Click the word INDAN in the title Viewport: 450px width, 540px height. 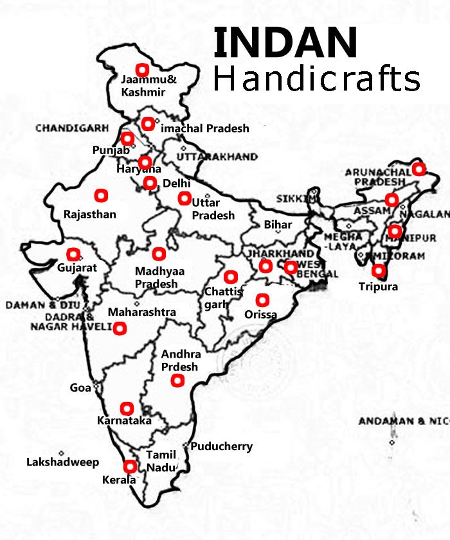tap(285, 43)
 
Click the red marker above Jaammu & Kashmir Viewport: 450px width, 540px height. tap(142, 69)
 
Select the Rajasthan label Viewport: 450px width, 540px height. tap(90, 214)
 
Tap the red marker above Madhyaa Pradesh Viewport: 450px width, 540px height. tap(158, 252)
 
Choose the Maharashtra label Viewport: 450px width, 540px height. tap(141, 312)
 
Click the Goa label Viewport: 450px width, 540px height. tap(80, 388)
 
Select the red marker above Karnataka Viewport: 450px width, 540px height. tap(127, 408)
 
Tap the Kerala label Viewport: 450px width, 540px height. tap(119, 480)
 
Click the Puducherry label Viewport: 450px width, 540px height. tap(222, 446)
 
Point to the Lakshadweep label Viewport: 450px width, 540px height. tap(62, 462)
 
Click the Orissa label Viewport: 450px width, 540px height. tap(261, 315)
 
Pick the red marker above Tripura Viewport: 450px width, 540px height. tap(379, 271)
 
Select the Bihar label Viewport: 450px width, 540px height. tap(278, 225)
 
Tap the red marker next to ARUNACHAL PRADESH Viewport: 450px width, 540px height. tap(419, 169)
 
